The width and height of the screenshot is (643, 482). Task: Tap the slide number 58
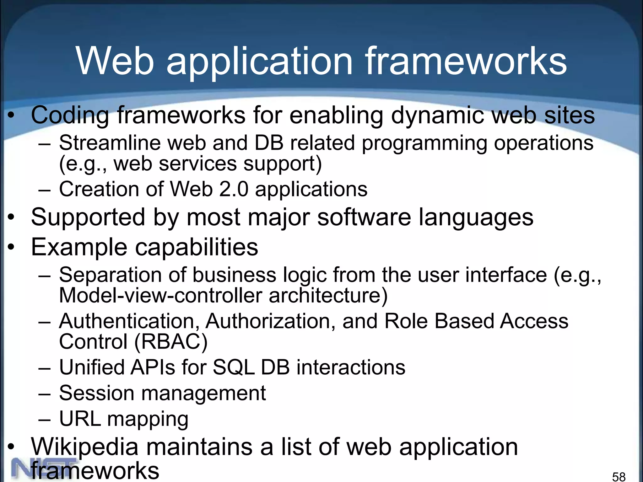619,476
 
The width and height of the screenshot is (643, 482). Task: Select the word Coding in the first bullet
70,115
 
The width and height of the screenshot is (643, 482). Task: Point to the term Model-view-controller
160,296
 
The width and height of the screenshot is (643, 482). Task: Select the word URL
80,419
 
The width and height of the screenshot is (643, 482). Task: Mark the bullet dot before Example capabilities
11,247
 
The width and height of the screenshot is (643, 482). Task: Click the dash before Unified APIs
44,368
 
